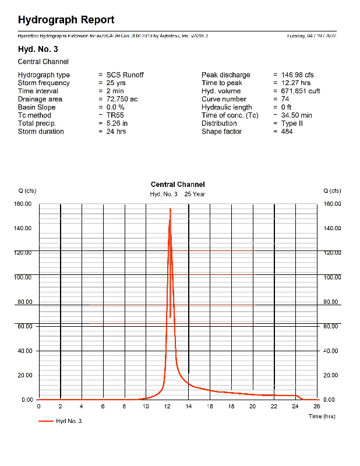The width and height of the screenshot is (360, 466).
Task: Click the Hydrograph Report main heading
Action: point(66,20)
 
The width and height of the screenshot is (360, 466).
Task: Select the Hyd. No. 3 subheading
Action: point(38,49)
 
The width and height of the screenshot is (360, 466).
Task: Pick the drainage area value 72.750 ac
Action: point(122,100)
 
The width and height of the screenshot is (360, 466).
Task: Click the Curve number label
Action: point(224,100)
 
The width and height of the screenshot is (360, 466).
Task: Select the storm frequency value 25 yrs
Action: point(116,83)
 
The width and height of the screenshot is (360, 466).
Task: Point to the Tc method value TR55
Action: point(115,115)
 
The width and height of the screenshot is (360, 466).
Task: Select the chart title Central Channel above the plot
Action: point(178,185)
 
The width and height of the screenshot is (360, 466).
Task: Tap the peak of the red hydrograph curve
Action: point(170,209)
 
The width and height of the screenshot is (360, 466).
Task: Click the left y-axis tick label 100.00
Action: point(27,277)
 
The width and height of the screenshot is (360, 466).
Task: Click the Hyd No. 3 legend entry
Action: point(68,421)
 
